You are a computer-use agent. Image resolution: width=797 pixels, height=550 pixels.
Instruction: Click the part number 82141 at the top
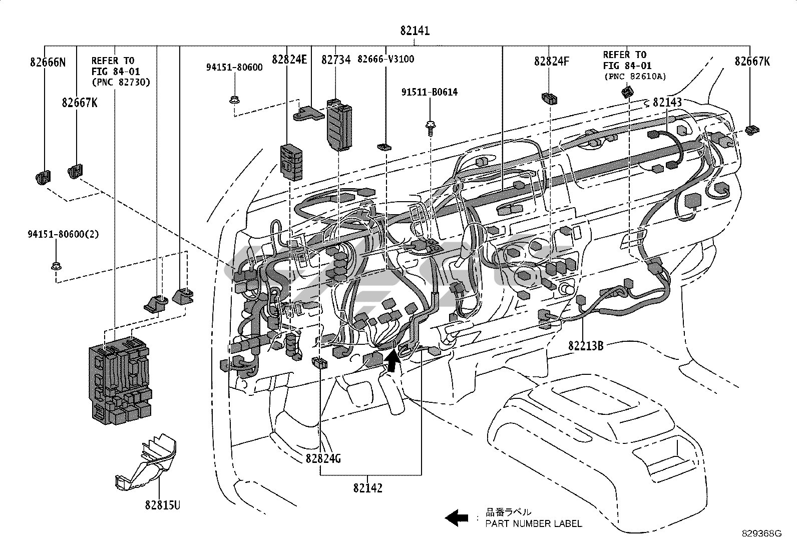(x=415, y=31)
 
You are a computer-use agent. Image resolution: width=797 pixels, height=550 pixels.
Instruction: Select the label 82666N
(x=48, y=62)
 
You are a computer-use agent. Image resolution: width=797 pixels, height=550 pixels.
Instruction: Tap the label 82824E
(x=289, y=60)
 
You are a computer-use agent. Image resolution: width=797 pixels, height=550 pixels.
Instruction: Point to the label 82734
(x=336, y=60)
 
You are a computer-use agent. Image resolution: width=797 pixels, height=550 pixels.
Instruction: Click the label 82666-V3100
(x=385, y=59)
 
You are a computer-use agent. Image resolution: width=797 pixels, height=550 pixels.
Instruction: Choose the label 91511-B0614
(x=430, y=92)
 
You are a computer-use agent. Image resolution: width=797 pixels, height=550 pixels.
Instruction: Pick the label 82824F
(x=552, y=62)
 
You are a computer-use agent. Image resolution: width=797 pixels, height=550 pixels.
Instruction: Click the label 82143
(x=667, y=103)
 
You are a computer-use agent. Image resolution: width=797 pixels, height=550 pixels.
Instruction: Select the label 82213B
(x=586, y=345)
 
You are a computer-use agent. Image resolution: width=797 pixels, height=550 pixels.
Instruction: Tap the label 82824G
(x=323, y=458)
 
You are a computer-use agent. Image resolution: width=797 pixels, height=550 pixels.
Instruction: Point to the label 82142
(x=368, y=488)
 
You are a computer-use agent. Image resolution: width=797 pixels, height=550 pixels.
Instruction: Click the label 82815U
(x=163, y=505)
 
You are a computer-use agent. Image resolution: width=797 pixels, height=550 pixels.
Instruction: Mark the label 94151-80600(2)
(x=64, y=234)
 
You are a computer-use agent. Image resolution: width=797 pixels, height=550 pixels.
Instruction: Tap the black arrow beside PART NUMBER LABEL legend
(x=457, y=517)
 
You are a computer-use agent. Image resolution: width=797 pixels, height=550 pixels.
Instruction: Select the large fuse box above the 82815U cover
(x=120, y=381)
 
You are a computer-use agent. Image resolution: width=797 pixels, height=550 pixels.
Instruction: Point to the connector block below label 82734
(x=339, y=125)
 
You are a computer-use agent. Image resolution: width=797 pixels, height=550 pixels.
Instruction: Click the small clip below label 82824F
(x=549, y=99)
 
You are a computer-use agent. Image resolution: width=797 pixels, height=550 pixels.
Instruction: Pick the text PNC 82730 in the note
(x=121, y=82)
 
